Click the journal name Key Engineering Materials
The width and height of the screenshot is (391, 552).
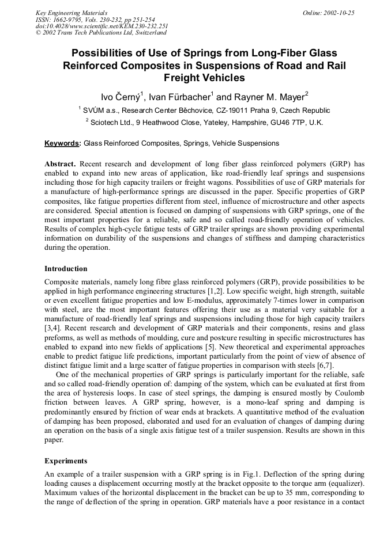point(71,13)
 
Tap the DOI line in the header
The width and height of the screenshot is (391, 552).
point(101,26)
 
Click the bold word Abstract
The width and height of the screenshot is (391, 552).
point(60,164)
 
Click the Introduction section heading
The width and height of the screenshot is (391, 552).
point(66,269)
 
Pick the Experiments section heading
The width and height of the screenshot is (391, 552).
point(66,461)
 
